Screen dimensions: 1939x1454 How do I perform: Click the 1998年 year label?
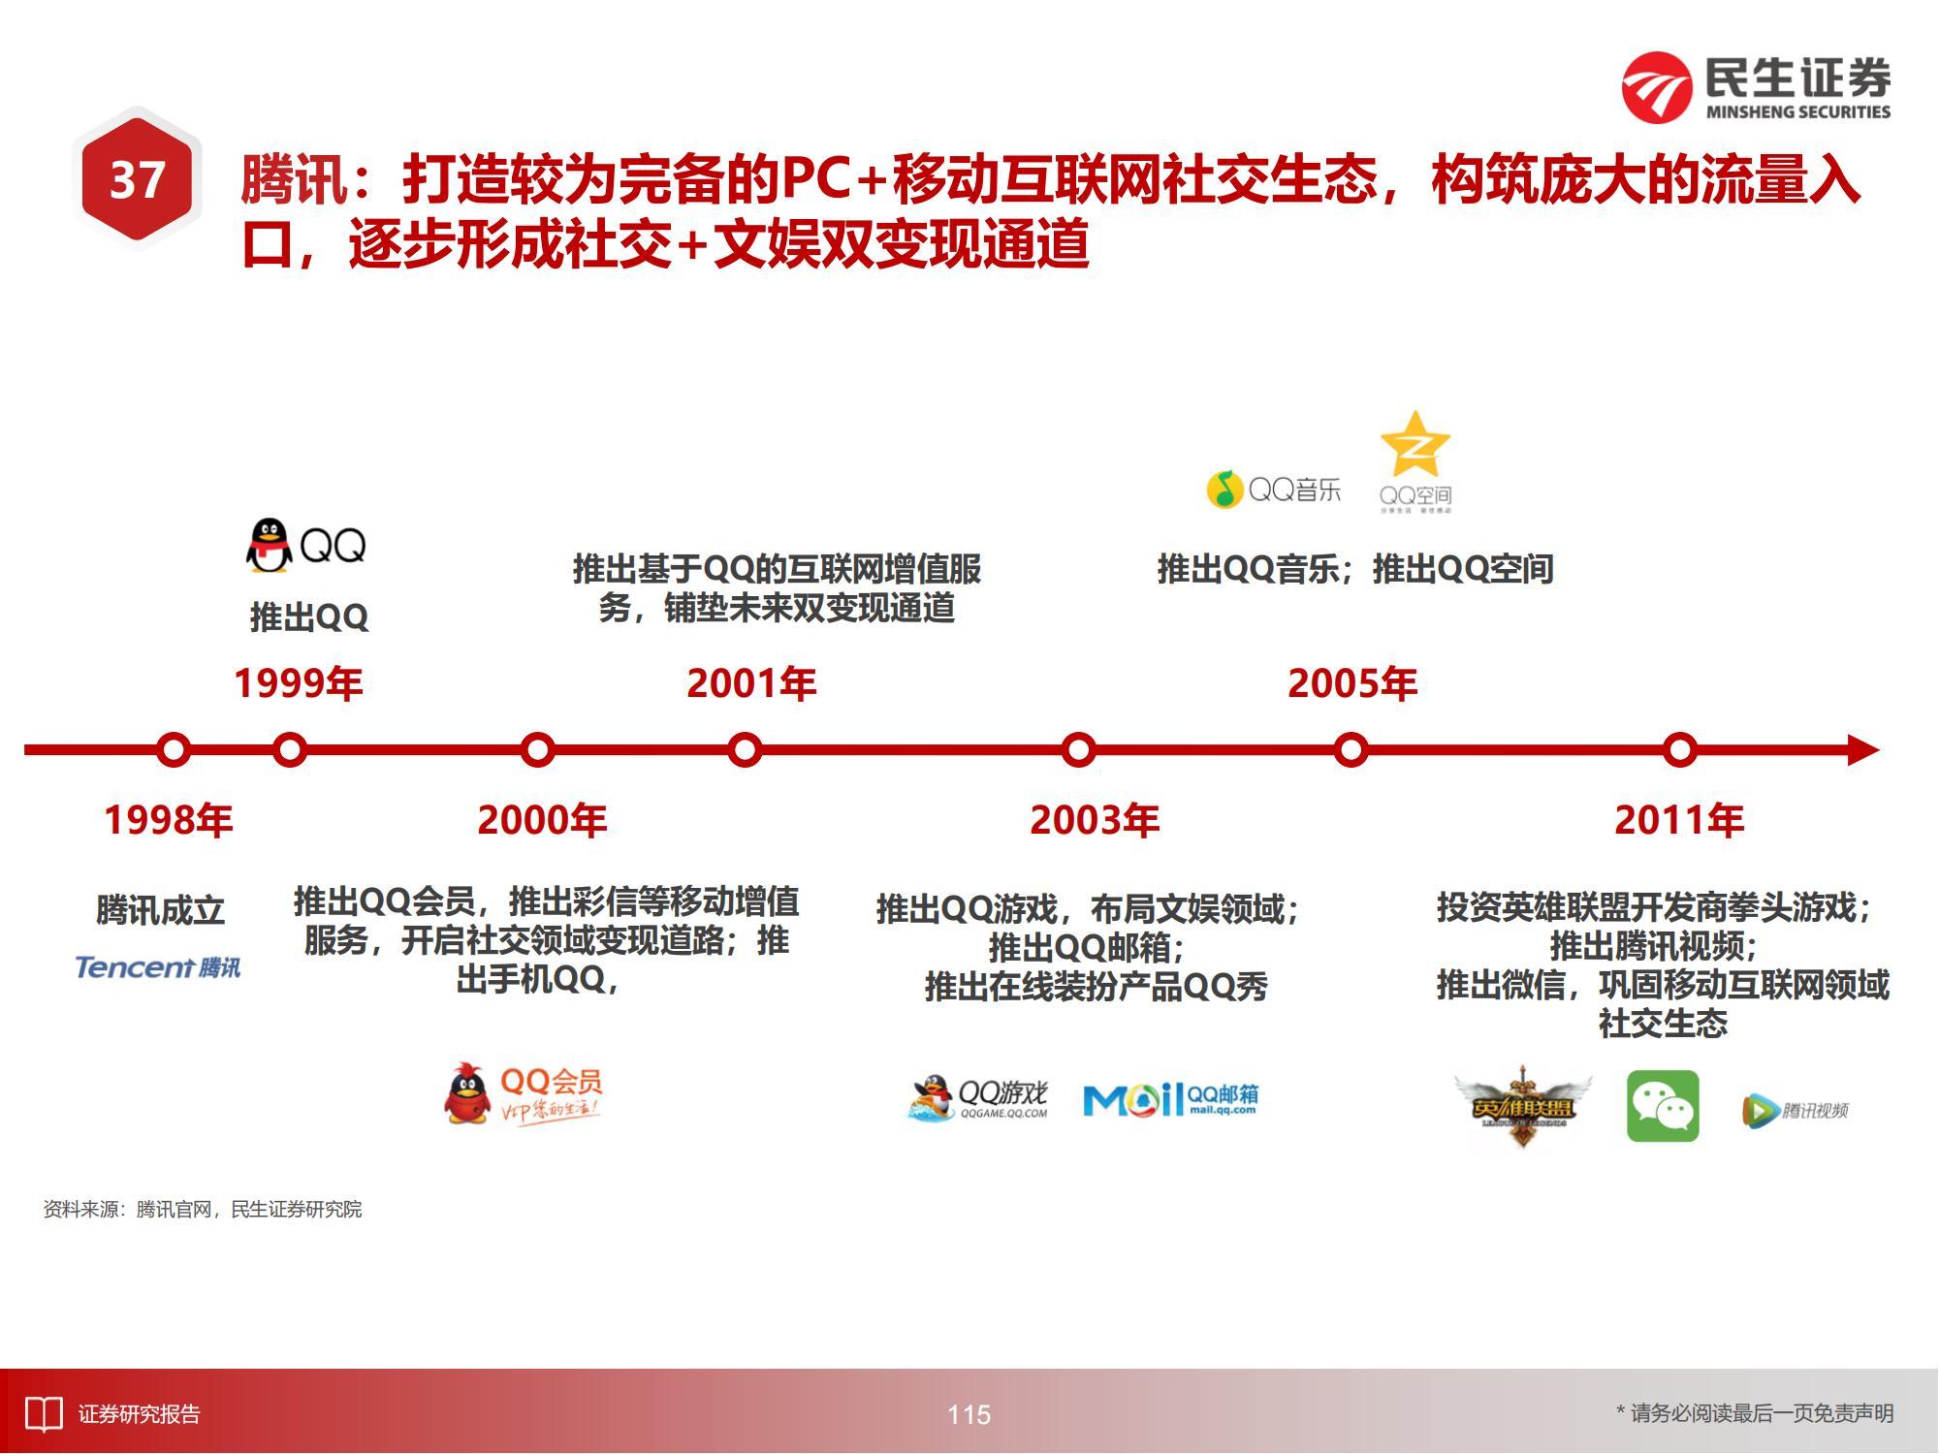(169, 820)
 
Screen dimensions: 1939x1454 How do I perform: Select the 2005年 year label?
(1352, 683)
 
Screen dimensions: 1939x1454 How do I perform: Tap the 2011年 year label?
(1679, 820)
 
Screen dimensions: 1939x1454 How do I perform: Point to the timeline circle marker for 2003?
(1078, 750)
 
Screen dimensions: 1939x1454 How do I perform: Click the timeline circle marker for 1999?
(289, 750)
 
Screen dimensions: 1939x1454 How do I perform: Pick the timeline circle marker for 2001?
(745, 750)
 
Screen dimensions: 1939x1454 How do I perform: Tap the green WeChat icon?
(1663, 1106)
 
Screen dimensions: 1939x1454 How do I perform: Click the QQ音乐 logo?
(1273, 490)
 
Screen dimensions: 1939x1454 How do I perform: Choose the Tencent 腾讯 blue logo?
(158, 966)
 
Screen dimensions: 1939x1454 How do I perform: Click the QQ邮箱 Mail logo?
(1170, 1099)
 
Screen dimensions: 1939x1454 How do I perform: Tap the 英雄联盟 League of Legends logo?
(1521, 1106)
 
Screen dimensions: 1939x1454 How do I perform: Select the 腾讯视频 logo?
(1795, 1110)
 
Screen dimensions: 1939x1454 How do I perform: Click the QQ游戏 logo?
(978, 1097)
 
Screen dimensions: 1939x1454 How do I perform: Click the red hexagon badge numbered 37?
(137, 179)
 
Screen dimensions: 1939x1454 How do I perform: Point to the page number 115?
(969, 1414)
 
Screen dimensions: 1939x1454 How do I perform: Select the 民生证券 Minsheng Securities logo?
(1756, 87)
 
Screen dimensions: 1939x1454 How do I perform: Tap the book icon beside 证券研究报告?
(44, 1414)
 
